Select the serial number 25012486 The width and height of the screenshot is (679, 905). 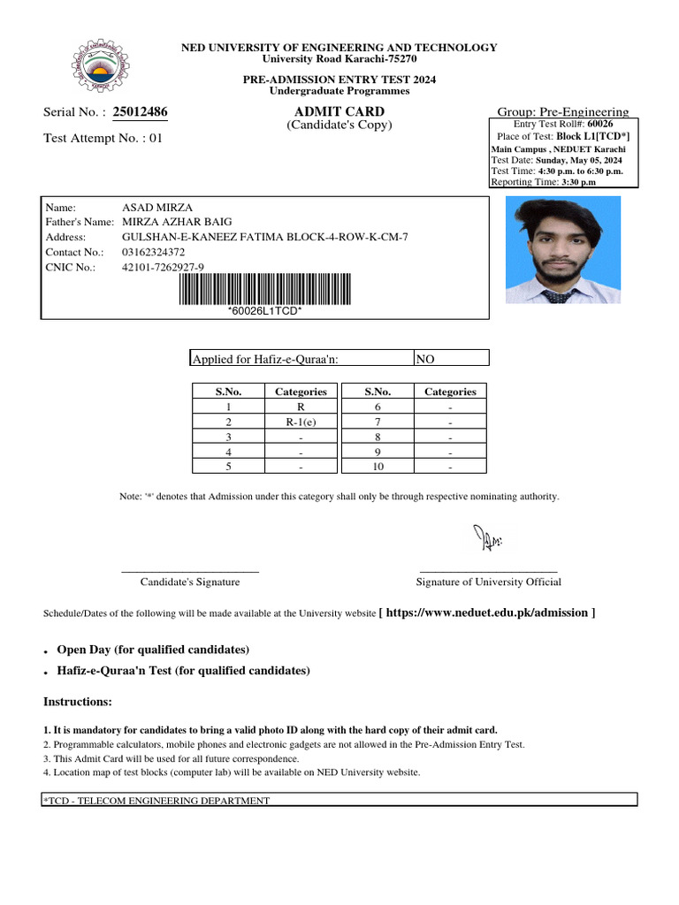tap(141, 112)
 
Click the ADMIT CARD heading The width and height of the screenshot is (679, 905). tap(339, 111)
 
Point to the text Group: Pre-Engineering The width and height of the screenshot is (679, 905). tap(564, 112)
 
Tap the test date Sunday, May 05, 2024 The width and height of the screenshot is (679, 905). tap(578, 160)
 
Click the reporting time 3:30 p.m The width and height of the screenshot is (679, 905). tap(578, 182)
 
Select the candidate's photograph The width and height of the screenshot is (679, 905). tap(562, 250)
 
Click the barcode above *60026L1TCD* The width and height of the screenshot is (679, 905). tap(264, 289)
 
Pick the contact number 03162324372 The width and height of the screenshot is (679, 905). tap(154, 252)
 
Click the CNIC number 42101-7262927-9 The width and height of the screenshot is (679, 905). tap(163, 267)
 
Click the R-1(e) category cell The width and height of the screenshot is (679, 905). tap(301, 422)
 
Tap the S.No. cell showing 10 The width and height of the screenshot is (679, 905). tap(378, 467)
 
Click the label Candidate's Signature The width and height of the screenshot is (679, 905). tap(190, 582)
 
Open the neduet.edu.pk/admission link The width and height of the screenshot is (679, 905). tap(486, 612)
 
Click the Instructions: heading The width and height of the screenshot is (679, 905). tap(78, 702)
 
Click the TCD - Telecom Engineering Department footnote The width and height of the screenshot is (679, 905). tap(157, 801)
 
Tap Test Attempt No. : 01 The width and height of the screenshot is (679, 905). tap(103, 138)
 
